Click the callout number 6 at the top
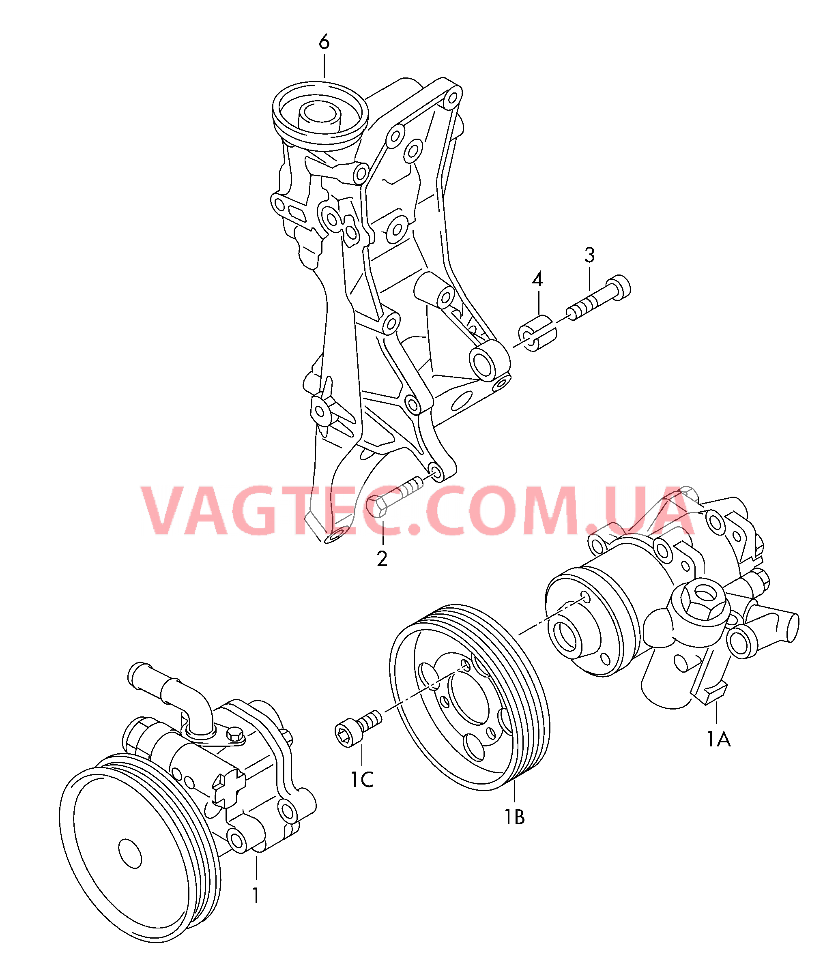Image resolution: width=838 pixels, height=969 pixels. click(x=324, y=43)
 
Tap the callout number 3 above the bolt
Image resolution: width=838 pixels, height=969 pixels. click(x=589, y=255)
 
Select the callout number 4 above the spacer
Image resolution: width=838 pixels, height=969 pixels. click(x=537, y=280)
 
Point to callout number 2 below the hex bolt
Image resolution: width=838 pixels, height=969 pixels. click(x=382, y=559)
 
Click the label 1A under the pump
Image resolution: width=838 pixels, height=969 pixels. click(x=719, y=740)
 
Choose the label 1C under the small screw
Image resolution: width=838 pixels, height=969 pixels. click(x=362, y=780)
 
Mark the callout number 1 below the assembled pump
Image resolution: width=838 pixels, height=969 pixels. click(x=256, y=896)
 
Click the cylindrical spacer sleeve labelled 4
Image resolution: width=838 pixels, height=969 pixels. click(x=537, y=333)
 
